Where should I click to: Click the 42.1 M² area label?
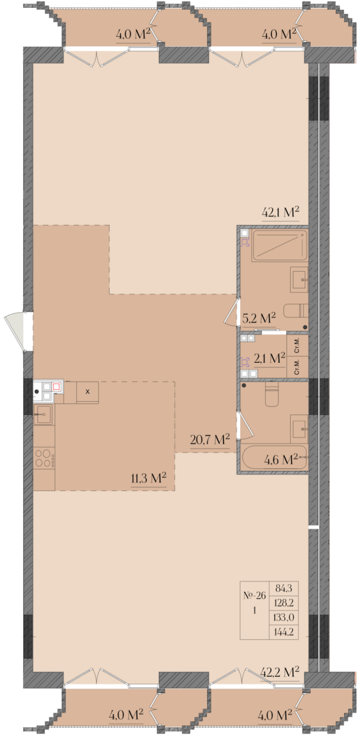click(280, 212)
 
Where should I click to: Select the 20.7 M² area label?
click(210, 439)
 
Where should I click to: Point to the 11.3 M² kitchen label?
click(148, 478)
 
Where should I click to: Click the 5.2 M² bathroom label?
click(259, 319)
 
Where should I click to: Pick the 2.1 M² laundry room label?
click(270, 359)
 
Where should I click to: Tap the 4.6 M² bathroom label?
click(282, 459)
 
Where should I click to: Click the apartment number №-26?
click(255, 596)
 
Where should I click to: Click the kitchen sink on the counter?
click(44, 414)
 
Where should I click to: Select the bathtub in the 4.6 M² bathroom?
click(274, 458)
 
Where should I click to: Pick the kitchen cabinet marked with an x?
click(88, 391)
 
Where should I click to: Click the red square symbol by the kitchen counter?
click(57, 387)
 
